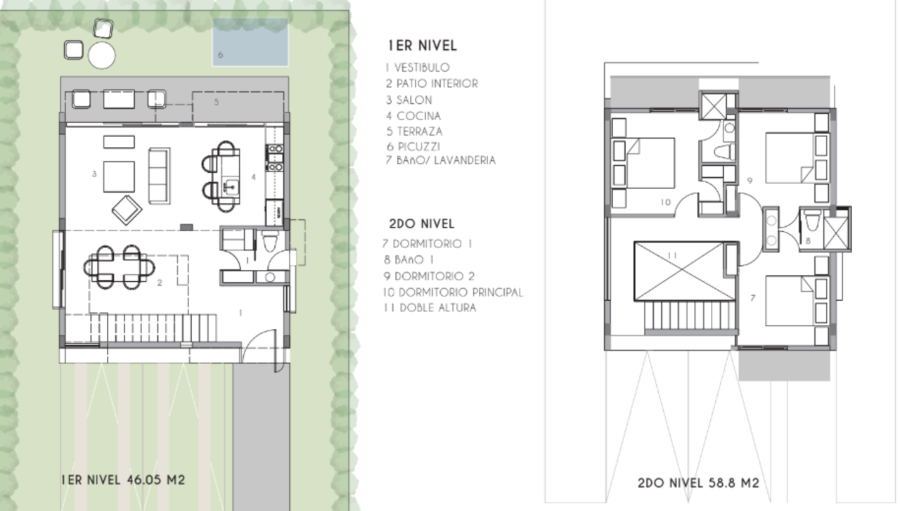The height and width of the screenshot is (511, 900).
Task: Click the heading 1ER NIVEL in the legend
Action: point(423,46)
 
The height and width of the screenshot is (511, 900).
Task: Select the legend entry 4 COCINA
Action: point(413,116)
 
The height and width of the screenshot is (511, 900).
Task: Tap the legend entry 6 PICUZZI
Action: point(413,147)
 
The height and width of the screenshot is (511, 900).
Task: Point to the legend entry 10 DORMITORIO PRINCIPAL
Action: point(453,292)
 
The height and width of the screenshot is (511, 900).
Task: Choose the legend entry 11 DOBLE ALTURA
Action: point(430,308)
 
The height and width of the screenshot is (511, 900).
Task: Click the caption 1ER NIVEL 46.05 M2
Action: point(123,479)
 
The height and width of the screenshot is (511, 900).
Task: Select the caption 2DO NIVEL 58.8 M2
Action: point(698,483)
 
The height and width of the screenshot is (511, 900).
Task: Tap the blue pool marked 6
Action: point(250,41)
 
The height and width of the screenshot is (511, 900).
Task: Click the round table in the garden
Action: point(102,56)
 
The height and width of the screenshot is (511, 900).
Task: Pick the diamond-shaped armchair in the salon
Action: point(127,210)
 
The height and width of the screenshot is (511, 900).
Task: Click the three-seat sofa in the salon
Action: point(160,176)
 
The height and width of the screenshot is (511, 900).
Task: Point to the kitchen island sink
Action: point(232,187)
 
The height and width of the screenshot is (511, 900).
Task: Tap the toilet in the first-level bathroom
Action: point(269,240)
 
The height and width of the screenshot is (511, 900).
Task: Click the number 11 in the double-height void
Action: point(672,256)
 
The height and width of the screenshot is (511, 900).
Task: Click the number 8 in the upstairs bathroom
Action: point(808,240)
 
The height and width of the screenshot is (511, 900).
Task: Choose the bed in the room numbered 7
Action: point(790,301)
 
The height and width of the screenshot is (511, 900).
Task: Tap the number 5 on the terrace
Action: point(217,102)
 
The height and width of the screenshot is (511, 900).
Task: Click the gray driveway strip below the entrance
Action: point(261,437)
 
